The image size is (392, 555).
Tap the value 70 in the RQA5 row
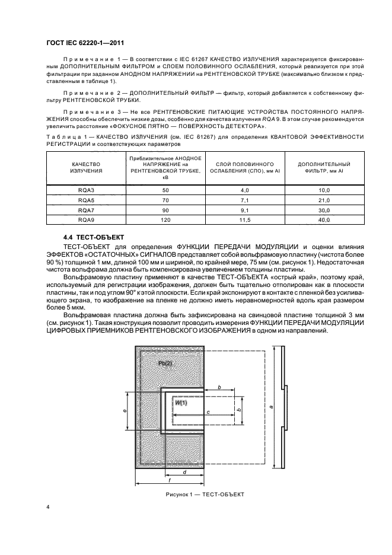click(x=165, y=200)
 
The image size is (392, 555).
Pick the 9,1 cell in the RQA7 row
click(x=245, y=210)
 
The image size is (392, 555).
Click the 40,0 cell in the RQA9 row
click(x=324, y=220)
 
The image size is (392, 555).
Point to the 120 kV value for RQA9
click(x=165, y=220)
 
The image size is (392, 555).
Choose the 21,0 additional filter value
click(x=324, y=200)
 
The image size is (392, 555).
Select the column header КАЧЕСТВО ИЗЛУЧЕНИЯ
click(x=87, y=167)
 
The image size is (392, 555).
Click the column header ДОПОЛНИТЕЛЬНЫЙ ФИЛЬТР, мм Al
click(x=324, y=167)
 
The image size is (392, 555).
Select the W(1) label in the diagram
click(x=180, y=402)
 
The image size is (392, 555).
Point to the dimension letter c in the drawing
click(x=208, y=411)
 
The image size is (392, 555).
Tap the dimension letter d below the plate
click(x=185, y=472)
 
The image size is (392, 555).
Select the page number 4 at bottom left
click(x=48, y=508)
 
